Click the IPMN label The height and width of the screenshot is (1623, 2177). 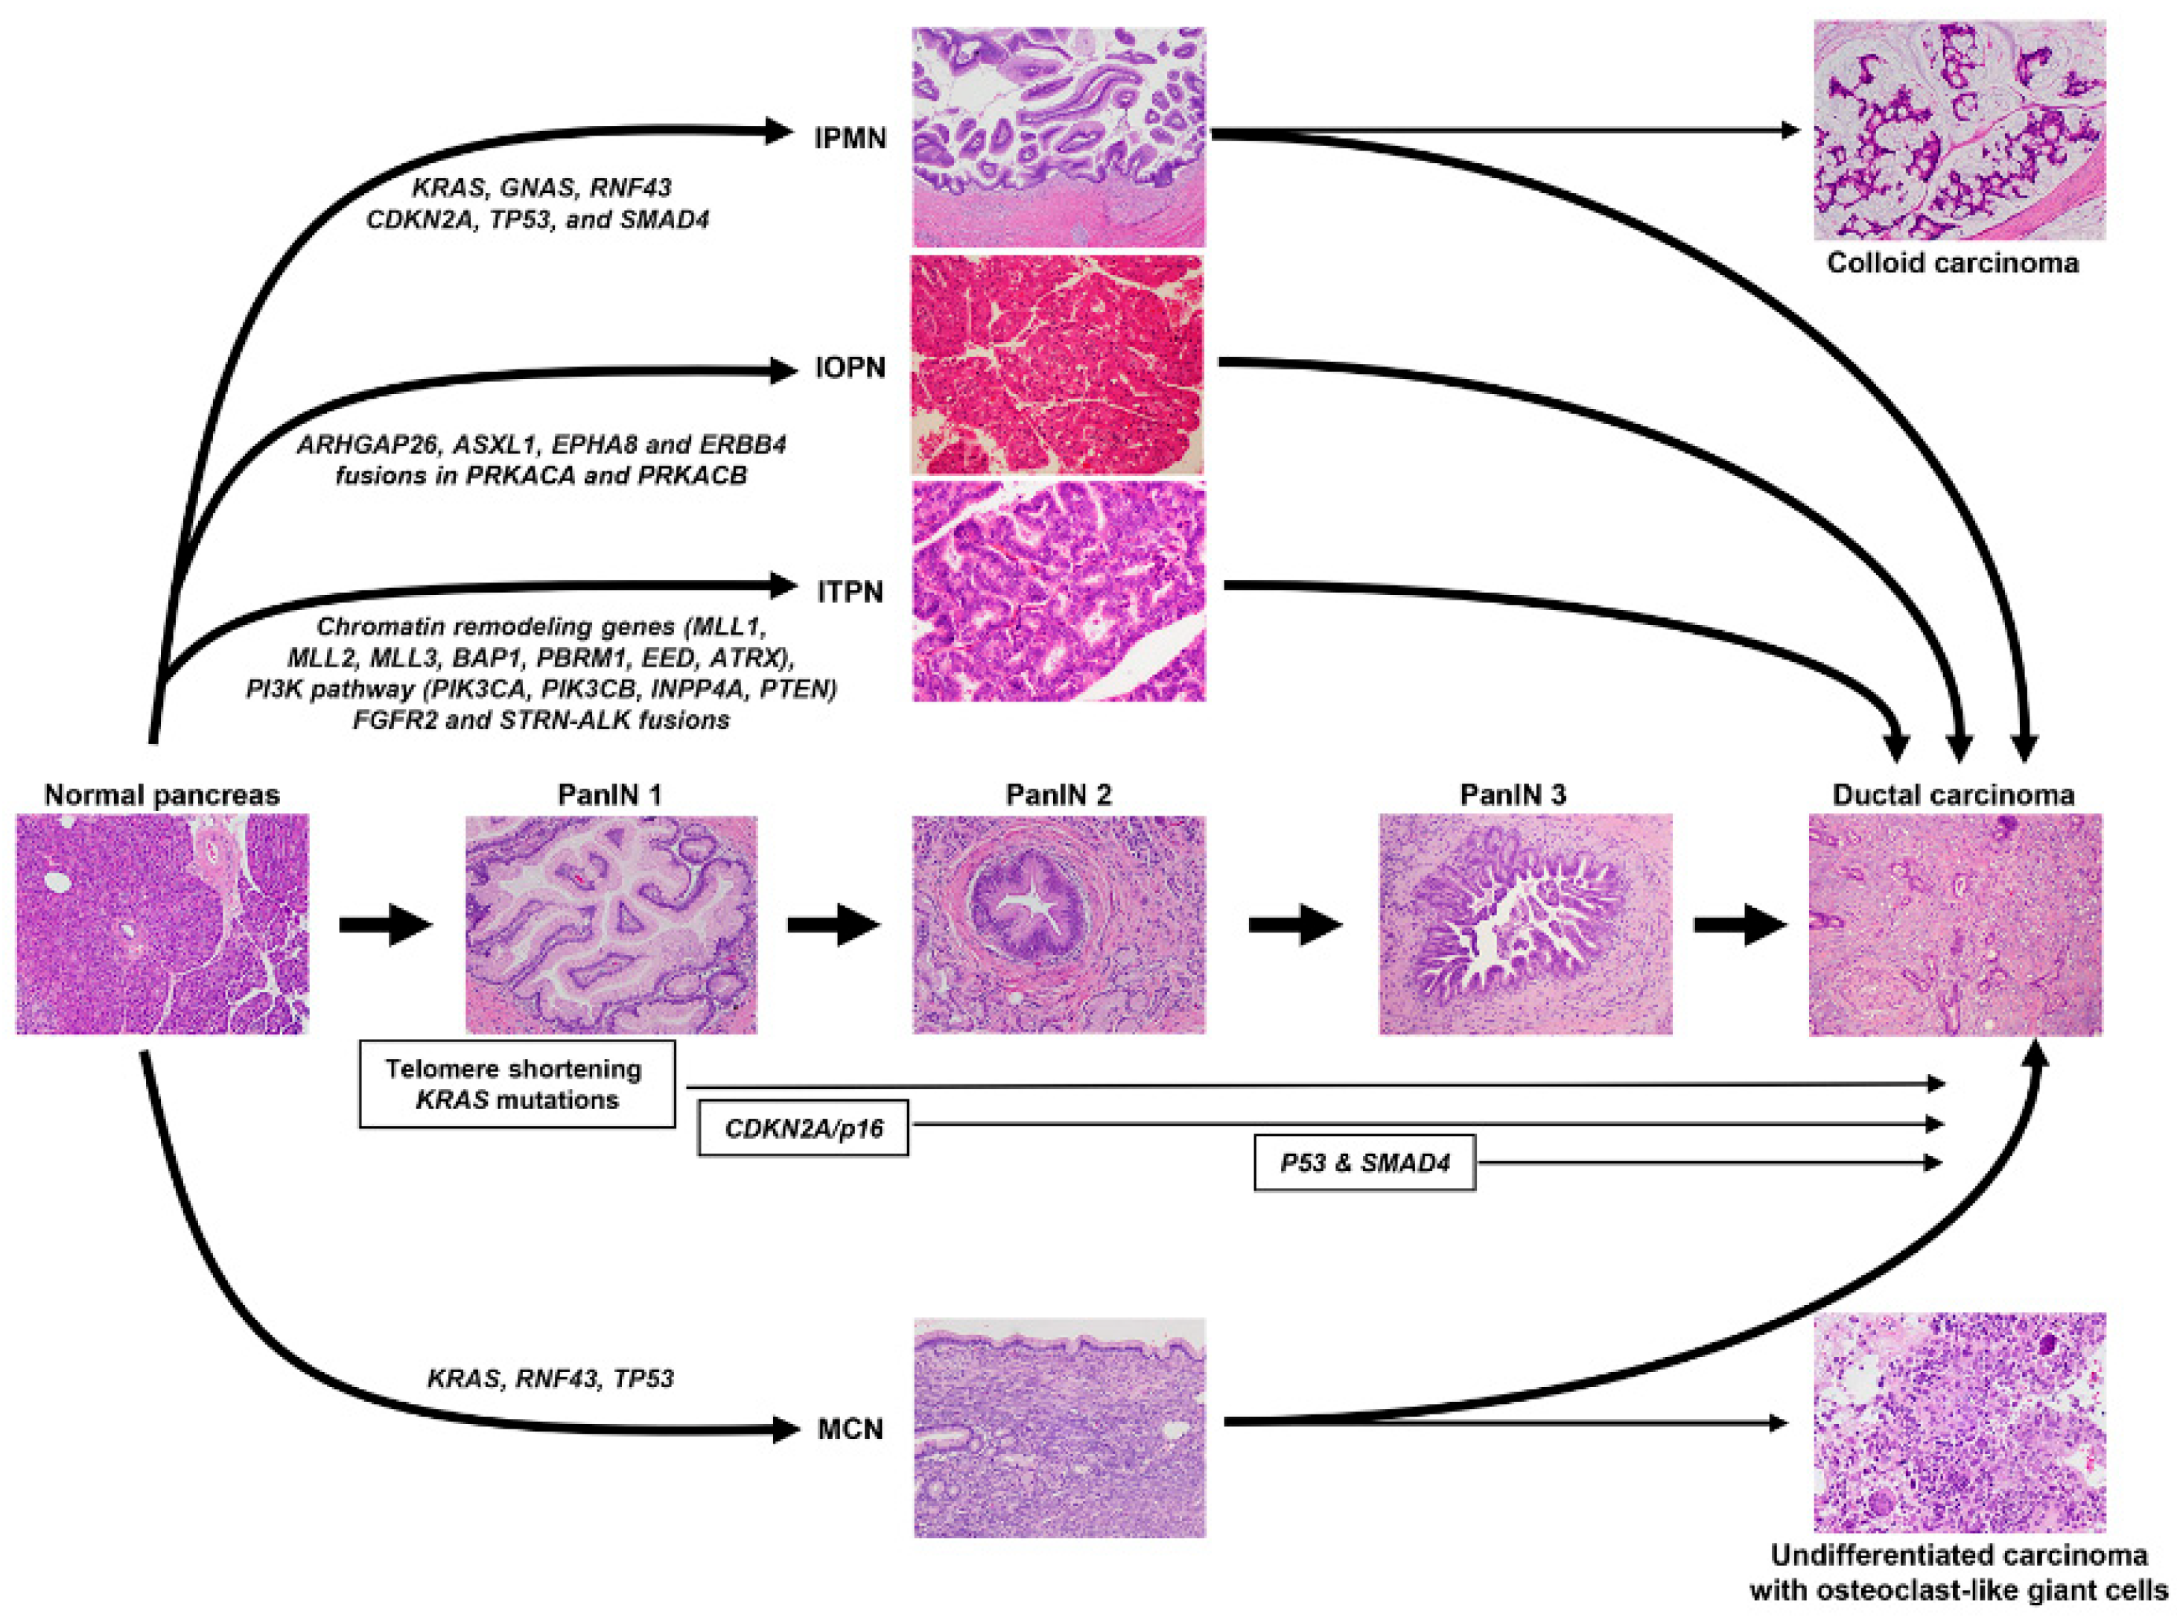pos(850,139)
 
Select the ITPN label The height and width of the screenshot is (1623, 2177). pos(850,592)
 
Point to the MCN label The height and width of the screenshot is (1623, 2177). pos(850,1429)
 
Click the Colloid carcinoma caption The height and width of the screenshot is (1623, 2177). pos(1952,263)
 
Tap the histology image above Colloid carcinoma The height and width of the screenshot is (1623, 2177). pos(1959,130)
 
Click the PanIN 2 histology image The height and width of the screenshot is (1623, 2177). pos(1058,924)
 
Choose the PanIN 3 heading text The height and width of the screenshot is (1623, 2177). pos(1513,794)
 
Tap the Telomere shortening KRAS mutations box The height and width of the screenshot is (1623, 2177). pos(517,1084)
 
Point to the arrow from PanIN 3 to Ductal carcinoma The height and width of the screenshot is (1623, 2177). pos(1739,924)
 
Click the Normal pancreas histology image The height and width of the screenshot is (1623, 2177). pos(162,924)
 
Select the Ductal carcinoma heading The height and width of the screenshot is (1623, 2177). pos(1953,794)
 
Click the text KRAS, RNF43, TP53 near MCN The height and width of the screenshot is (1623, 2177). pos(550,1379)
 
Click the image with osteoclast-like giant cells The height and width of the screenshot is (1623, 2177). pos(1959,1422)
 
